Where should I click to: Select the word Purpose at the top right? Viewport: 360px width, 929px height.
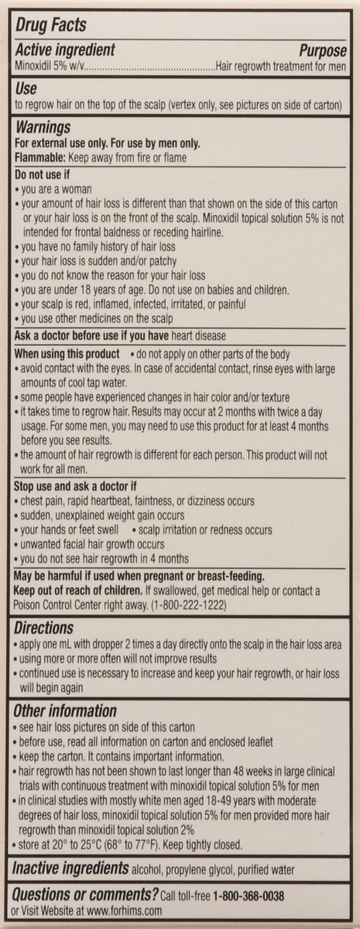[317, 50]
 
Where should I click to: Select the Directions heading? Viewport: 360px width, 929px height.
[45, 629]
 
